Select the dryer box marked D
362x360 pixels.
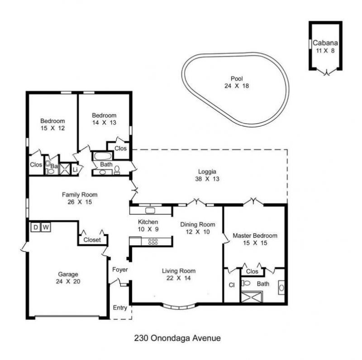point(35,227)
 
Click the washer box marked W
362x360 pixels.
point(45,227)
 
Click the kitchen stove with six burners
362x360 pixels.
point(153,242)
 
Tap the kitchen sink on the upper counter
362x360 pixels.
point(150,210)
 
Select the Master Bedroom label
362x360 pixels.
point(255,236)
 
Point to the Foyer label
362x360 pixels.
point(120,270)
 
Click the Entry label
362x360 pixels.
point(120,308)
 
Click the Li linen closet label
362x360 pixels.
point(75,170)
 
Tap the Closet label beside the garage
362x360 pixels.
point(92,240)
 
